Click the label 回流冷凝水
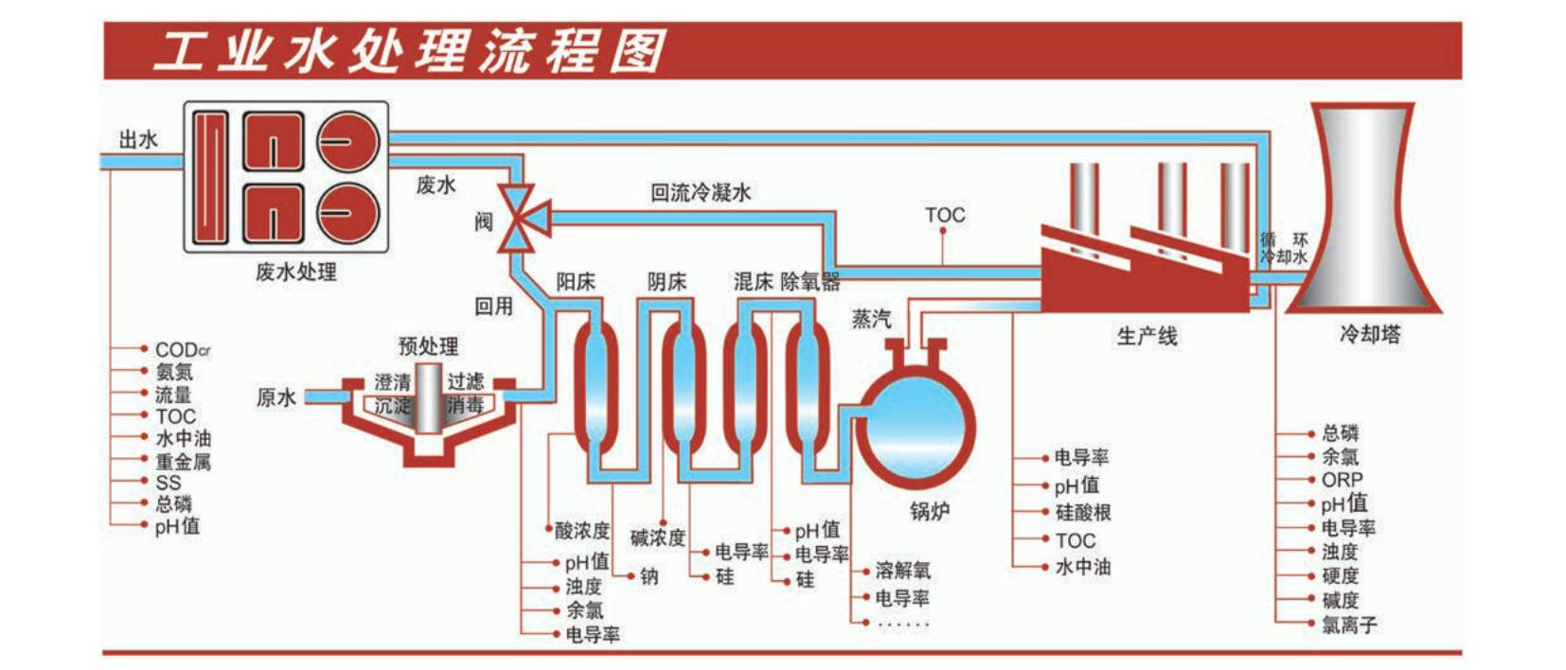(701, 193)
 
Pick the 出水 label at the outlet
(138, 140)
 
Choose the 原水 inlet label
(276, 397)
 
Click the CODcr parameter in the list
(183, 349)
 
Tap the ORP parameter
(1342, 480)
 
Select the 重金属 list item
(183, 462)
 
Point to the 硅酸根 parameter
(1082, 513)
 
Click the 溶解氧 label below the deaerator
(902, 570)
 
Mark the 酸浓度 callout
(582, 530)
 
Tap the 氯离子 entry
(1349, 625)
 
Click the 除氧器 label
(810, 282)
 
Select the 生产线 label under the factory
(1147, 336)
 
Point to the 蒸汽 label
(871, 319)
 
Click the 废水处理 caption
(296, 272)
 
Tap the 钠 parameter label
(650, 575)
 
